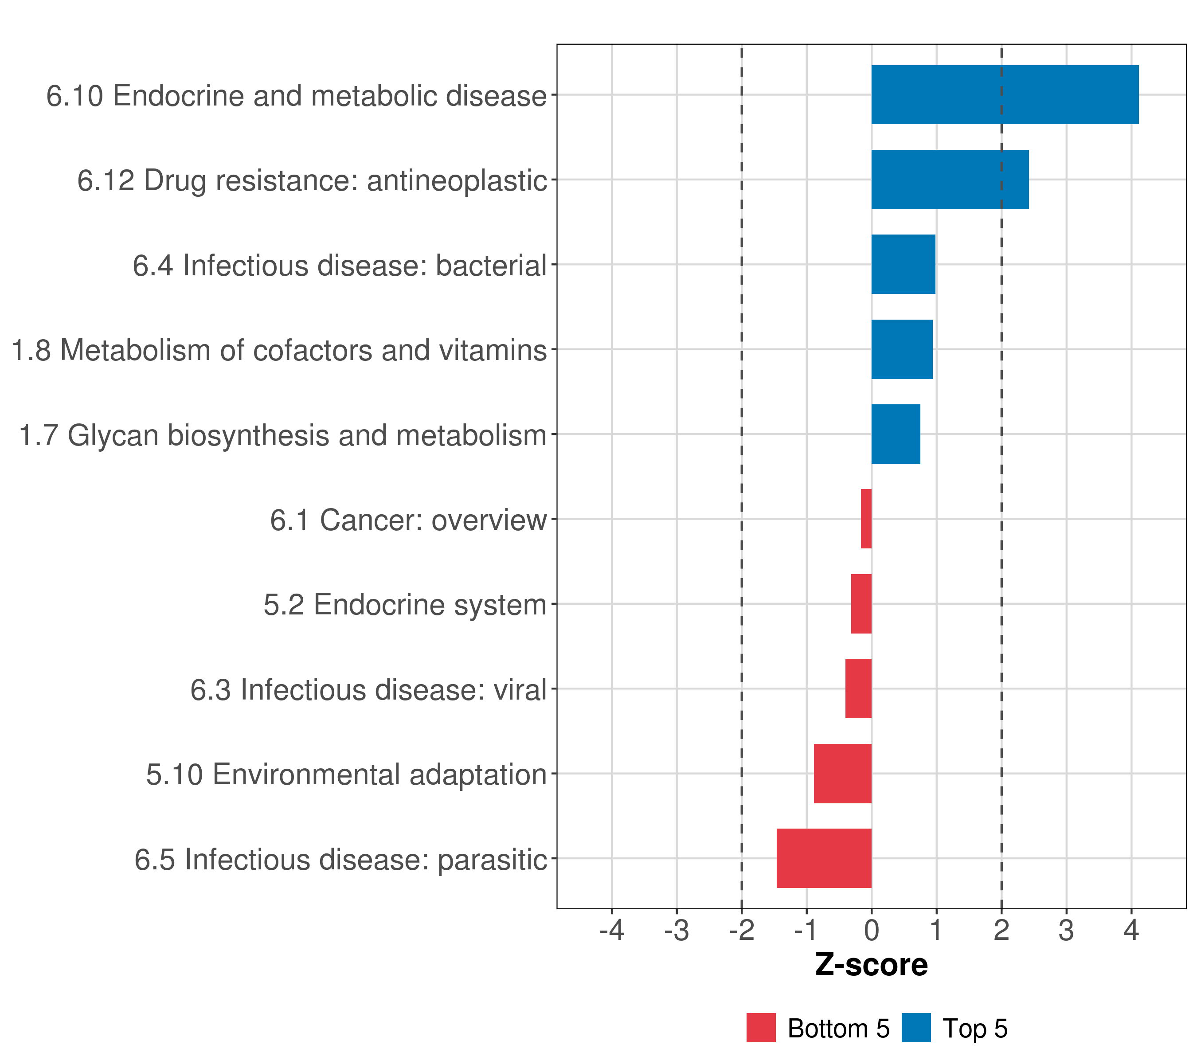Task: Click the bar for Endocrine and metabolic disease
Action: pos(1004,95)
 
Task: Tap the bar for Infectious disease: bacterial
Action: pos(903,264)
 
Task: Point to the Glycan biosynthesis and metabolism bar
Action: pos(896,434)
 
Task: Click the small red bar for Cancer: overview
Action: pos(866,519)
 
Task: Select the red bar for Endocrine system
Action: pos(861,604)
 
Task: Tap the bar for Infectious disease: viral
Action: pos(858,688)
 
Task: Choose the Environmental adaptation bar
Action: pos(842,774)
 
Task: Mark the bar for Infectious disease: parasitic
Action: pos(824,858)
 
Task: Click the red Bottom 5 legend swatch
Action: pos(761,1028)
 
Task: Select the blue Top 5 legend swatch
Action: pos(916,1028)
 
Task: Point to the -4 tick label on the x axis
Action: pos(611,930)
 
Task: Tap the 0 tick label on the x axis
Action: pos(872,930)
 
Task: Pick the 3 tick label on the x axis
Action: pos(1066,930)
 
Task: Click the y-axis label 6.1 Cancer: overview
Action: pos(408,520)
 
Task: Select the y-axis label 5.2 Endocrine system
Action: pos(405,604)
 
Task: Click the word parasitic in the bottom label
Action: pos(492,860)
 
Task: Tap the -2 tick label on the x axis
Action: pos(741,930)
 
